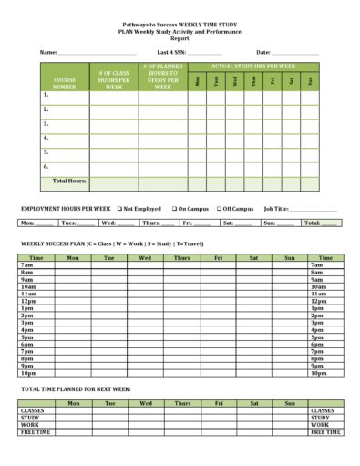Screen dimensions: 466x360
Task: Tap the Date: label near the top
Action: [263, 52]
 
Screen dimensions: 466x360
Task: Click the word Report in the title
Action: [180, 38]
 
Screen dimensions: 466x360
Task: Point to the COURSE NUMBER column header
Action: [64, 83]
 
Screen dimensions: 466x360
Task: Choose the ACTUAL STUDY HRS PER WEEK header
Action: [253, 67]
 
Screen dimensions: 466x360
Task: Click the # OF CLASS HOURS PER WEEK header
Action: [114, 79]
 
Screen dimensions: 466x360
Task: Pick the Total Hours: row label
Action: [69, 181]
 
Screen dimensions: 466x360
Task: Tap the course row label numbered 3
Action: [46, 123]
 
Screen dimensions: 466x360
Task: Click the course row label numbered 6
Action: [46, 167]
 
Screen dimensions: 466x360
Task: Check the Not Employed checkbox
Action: [119, 209]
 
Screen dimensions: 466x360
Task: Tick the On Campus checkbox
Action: [173, 209]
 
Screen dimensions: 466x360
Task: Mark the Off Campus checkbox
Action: [220, 209]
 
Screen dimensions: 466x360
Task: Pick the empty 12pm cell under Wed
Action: [145, 301]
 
